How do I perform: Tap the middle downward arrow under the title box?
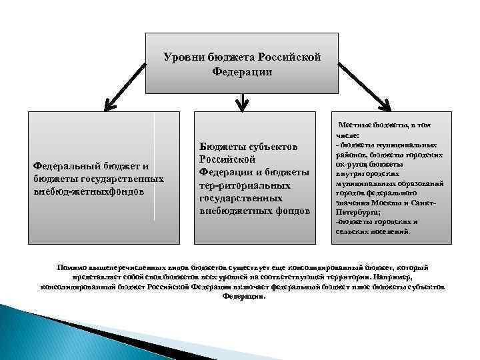coord(243,101)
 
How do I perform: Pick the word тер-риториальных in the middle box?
coord(245,185)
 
